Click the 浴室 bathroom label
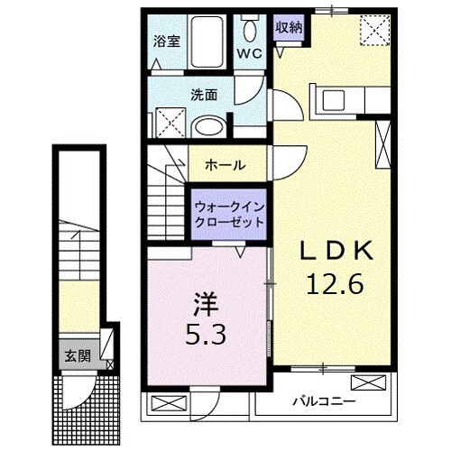(165, 40)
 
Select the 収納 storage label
(290, 27)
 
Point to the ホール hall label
(223, 165)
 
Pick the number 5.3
(206, 335)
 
